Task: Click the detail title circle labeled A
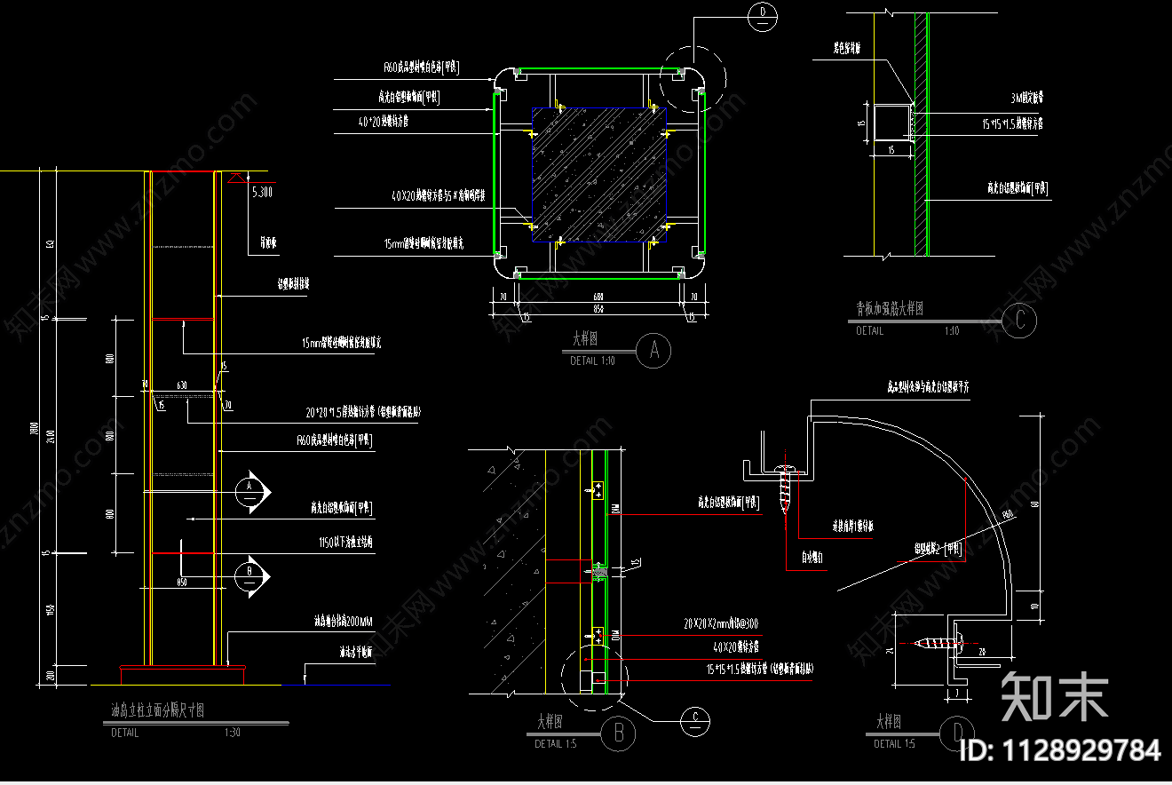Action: [654, 352]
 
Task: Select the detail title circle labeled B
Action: [618, 733]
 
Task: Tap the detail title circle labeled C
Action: [1019, 321]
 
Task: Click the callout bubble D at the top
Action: [763, 15]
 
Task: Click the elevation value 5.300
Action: [263, 192]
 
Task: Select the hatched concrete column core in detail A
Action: [598, 174]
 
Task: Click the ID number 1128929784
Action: [1060, 750]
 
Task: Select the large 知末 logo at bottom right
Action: [1054, 698]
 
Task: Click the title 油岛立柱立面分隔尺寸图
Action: [157, 712]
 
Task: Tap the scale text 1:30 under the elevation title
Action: [233, 733]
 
